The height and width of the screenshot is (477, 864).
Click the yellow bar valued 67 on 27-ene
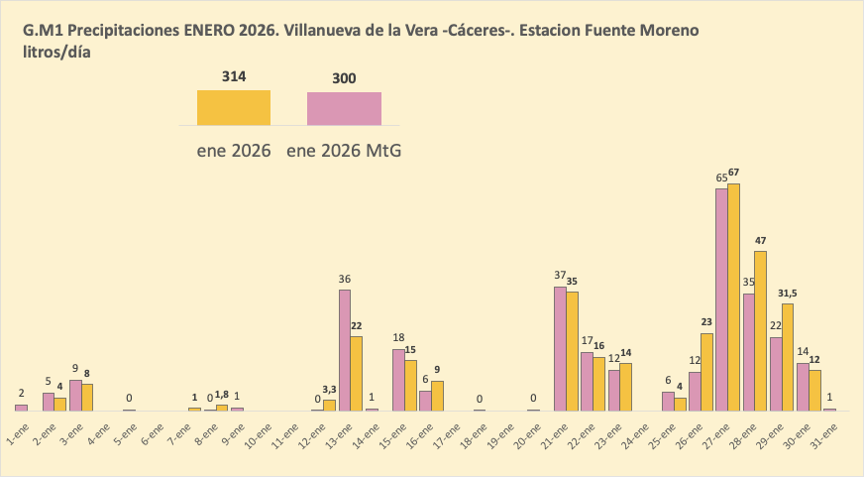734,298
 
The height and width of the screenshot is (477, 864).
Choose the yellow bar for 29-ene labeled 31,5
788,357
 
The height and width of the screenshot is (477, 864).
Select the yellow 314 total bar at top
234,107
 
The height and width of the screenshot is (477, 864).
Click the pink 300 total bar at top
344,108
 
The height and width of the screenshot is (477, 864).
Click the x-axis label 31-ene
824,432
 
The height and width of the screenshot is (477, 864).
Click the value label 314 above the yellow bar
234,76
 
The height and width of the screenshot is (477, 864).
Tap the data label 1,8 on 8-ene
223,396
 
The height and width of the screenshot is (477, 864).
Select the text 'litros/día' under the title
57,53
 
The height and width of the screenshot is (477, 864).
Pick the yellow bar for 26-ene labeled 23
707,372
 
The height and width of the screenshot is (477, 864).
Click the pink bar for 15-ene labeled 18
398,380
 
